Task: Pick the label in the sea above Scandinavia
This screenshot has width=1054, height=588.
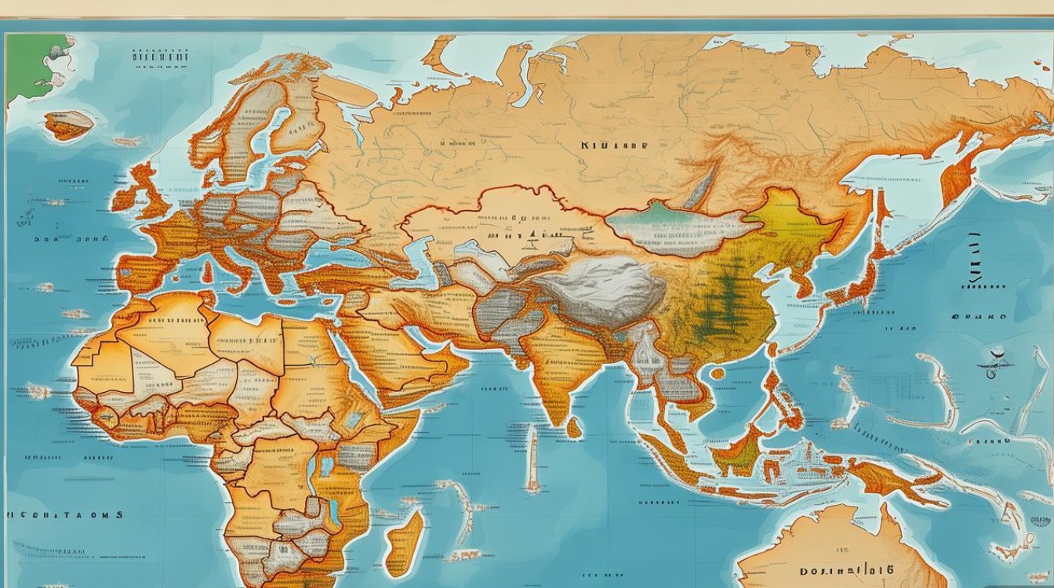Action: coord(160,56)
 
